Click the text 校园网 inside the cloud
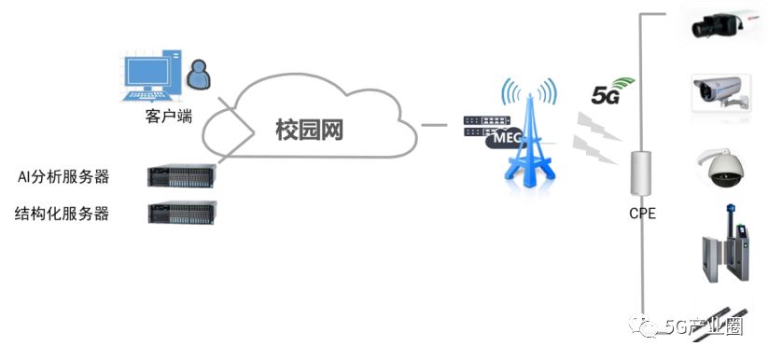pyautogui.click(x=309, y=130)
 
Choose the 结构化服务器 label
pyautogui.click(x=62, y=214)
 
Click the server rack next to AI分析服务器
pyautogui.click(x=182, y=174)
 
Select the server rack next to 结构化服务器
pyautogui.click(x=182, y=213)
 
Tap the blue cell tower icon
pyautogui.click(x=529, y=140)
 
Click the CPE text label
pyautogui.click(x=642, y=214)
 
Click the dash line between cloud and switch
pyautogui.click(x=434, y=124)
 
